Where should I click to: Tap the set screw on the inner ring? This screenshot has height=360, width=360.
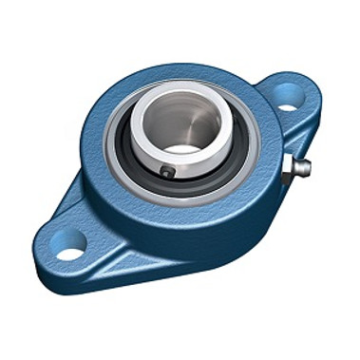169,173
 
